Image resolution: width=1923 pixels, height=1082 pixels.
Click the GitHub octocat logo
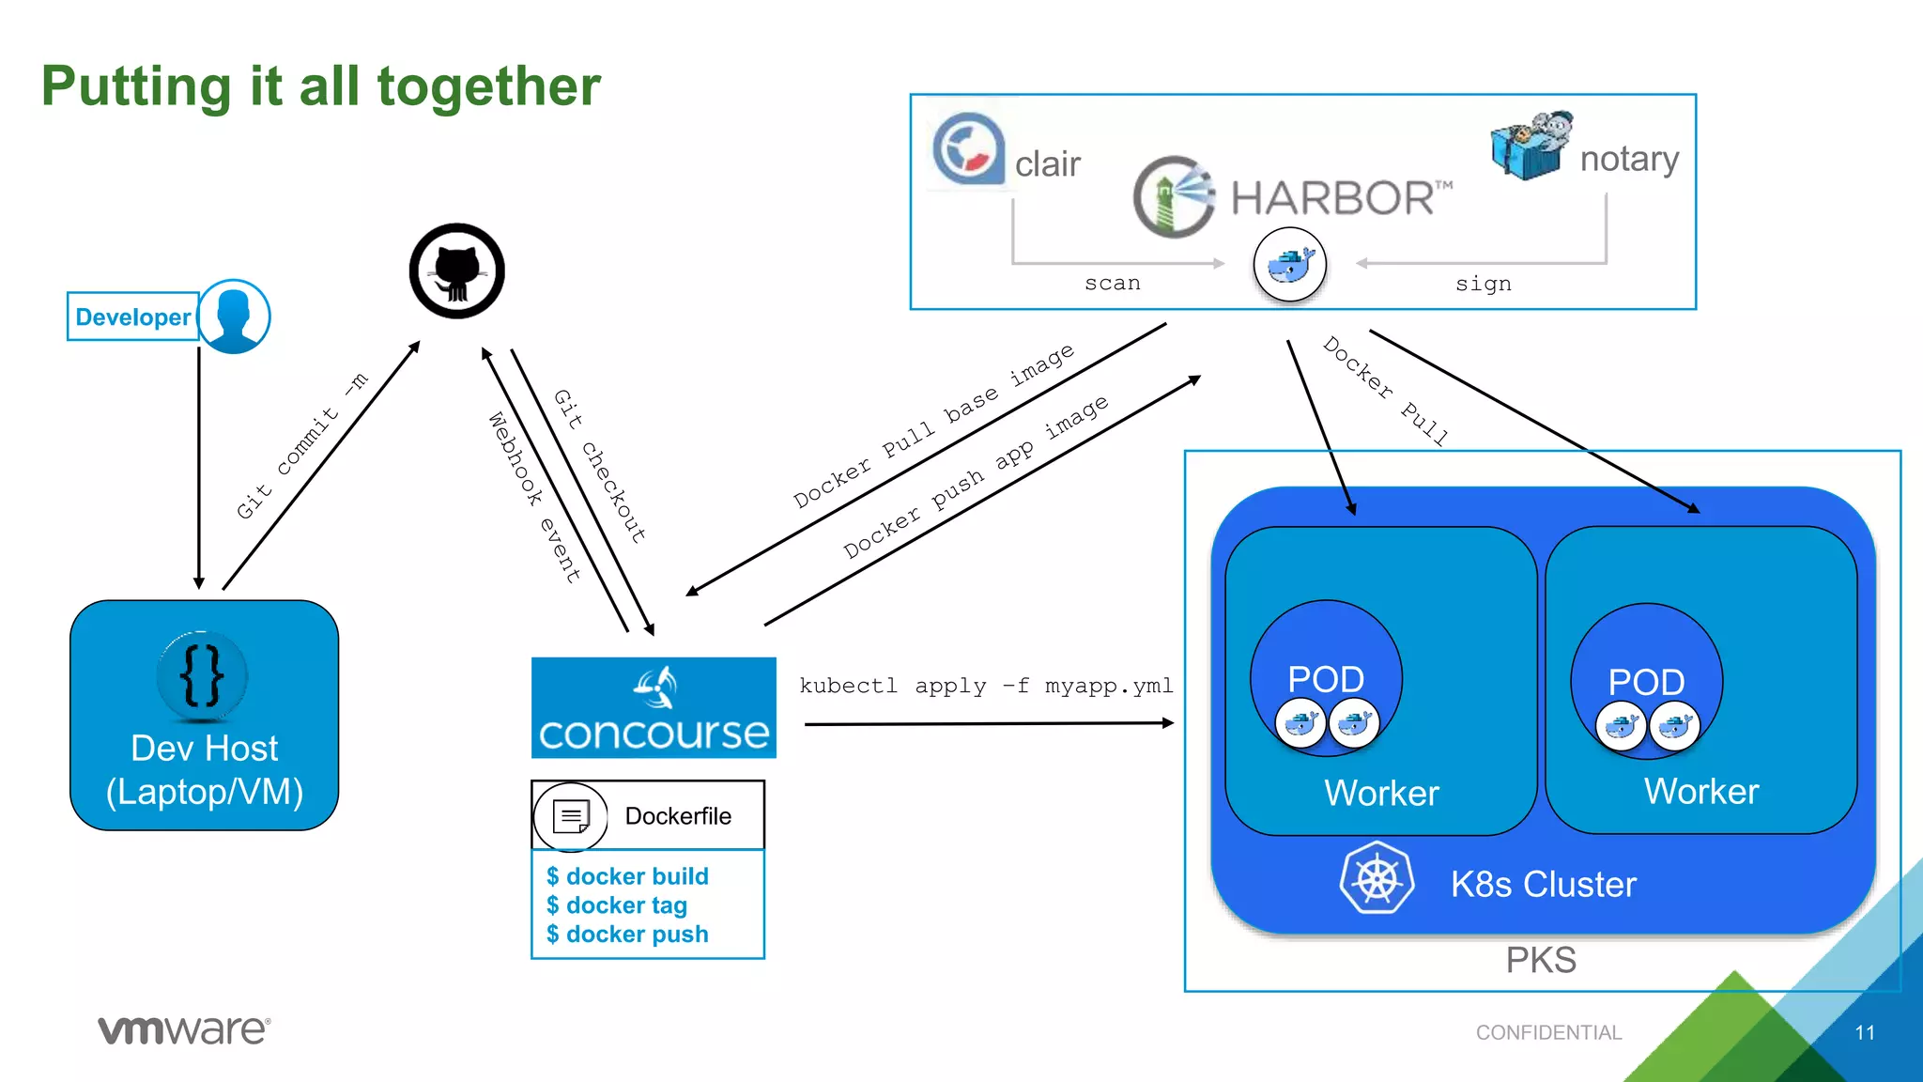click(457, 270)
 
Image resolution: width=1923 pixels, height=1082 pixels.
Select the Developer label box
click(132, 317)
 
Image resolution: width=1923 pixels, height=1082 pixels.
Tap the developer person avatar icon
click(234, 316)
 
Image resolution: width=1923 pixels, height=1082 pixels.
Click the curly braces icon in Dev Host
click(202, 675)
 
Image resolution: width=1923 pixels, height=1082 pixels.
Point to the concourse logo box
click(654, 707)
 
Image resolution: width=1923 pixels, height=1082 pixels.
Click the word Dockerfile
click(678, 815)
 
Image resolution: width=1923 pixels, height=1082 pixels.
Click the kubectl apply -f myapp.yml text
click(986, 686)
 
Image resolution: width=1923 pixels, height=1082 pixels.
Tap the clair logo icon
click(968, 148)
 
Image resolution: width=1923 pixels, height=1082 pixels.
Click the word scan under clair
click(1113, 283)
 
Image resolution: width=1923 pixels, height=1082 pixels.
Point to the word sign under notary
click(1484, 284)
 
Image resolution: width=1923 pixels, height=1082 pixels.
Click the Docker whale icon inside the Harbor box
click(1290, 265)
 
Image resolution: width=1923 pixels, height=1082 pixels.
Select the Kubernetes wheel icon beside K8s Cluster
click(1377, 878)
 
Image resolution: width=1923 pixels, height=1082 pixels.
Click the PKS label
click(1541, 960)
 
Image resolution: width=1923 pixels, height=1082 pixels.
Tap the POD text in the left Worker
click(1326, 678)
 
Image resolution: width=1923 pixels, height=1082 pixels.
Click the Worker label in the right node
click(1701, 791)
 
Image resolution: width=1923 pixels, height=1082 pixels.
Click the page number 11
click(1865, 1032)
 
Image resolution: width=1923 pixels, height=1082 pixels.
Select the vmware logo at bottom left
click(185, 1029)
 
